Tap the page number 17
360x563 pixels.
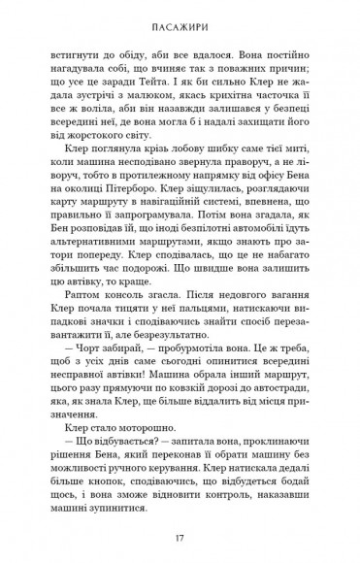180,535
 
